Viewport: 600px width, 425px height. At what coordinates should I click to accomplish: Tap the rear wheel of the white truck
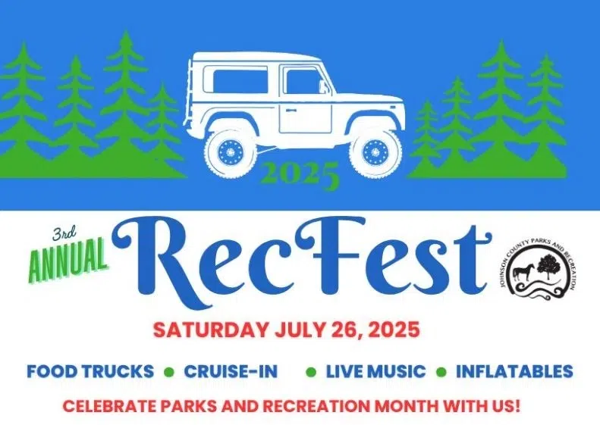point(228,152)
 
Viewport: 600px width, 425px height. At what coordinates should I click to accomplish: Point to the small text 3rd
point(65,233)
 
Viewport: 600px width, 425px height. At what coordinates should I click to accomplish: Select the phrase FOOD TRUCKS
point(90,372)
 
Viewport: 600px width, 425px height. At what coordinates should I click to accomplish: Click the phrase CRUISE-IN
point(231,372)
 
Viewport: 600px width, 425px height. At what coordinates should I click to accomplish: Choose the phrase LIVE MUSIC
point(375,372)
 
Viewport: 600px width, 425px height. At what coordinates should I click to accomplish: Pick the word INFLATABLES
point(514,372)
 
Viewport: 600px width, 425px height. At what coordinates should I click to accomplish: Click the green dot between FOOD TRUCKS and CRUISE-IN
point(169,372)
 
